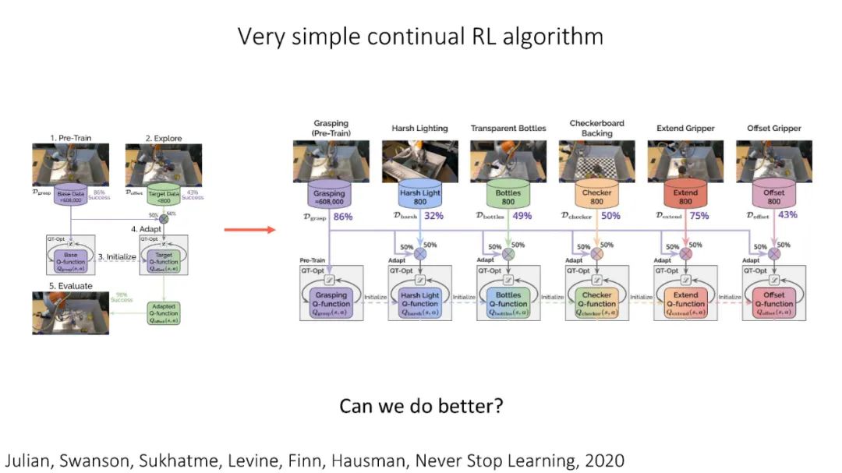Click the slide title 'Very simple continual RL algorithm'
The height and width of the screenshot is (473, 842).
(420, 37)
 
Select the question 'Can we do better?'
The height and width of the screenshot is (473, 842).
(420, 406)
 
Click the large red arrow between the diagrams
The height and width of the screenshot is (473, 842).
(249, 230)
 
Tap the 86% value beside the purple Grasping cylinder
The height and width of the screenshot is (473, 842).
(342, 216)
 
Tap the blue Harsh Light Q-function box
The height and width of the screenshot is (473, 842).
(420, 301)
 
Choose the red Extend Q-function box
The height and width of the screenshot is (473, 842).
(685, 301)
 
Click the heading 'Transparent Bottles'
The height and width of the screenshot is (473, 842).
(508, 129)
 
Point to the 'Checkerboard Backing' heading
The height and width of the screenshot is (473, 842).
(596, 128)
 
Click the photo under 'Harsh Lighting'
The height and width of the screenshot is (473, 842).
(420, 161)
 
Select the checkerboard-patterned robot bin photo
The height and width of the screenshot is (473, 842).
(596, 161)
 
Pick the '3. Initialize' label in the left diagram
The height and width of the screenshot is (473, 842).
(117, 256)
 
